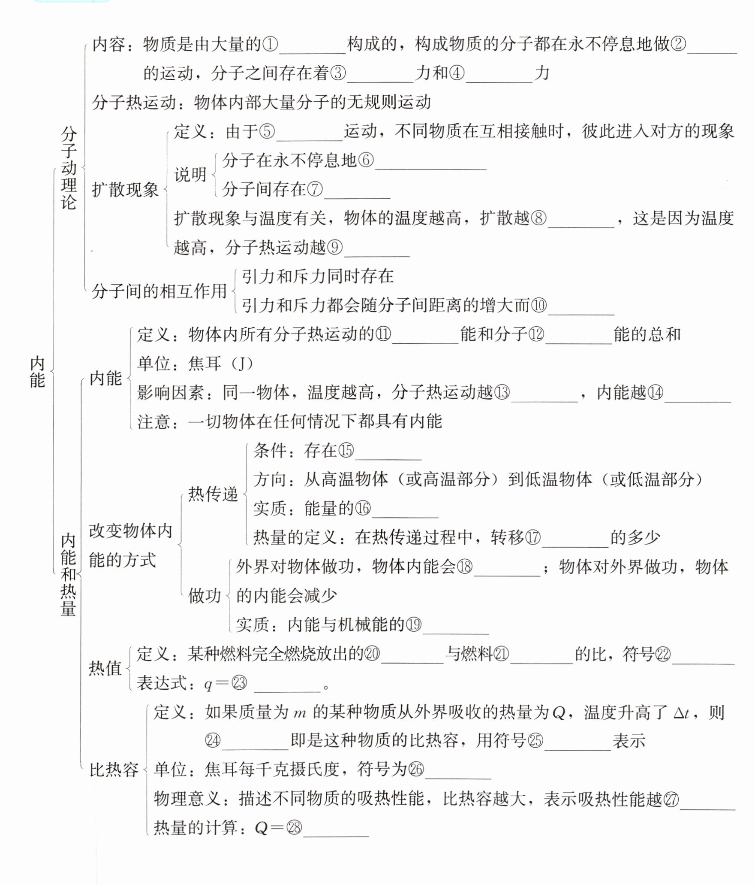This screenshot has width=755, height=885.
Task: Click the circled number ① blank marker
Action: tap(270, 44)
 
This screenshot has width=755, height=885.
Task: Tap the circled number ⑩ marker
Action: tap(539, 305)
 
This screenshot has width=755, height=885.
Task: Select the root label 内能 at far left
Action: tap(37, 371)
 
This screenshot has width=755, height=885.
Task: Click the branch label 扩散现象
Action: tap(125, 189)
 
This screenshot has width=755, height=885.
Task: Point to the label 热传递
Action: tap(213, 494)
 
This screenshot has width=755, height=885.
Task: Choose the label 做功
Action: tap(205, 596)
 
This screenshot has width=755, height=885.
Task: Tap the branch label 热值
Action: tap(105, 668)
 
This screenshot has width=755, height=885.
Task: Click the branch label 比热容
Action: tap(114, 770)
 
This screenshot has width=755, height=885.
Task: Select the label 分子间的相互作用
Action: tap(159, 291)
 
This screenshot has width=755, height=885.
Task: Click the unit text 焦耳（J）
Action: tap(221, 364)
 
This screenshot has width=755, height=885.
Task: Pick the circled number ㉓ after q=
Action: tap(239, 683)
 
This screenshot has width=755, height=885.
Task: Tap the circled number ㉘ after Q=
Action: tap(294, 827)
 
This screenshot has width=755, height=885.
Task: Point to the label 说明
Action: tap(190, 175)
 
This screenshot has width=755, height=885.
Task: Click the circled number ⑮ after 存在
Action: tap(346, 450)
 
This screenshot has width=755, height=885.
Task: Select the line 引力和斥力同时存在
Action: tap(318, 276)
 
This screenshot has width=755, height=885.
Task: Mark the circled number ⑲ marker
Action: tap(414, 624)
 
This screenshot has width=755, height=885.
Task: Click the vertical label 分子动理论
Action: tap(69, 168)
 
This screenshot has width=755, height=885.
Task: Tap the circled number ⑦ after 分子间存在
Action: tap(315, 189)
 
